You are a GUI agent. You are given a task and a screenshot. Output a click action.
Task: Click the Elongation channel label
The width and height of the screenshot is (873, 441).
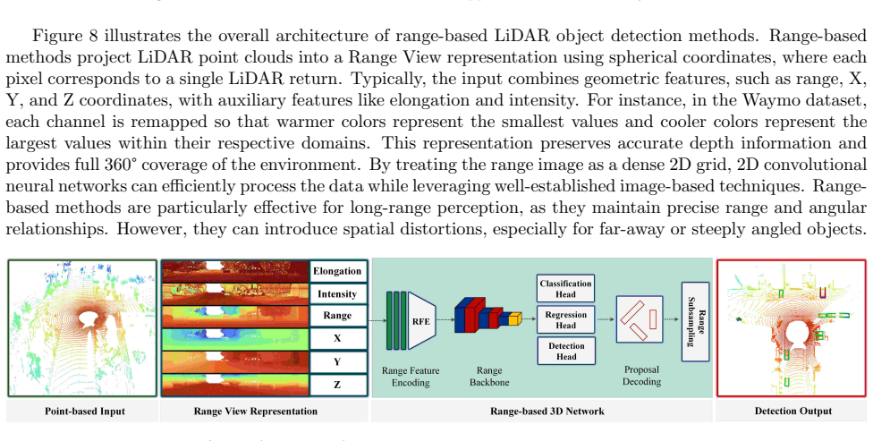(337, 271)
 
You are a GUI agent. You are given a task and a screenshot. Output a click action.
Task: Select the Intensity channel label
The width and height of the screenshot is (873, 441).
(337, 293)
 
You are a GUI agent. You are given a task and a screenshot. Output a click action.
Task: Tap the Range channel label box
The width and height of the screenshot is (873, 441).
(337, 315)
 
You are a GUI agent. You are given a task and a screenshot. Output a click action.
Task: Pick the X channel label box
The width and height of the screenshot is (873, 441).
(337, 338)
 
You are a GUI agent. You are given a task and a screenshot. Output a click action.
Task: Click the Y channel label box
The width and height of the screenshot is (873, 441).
(337, 361)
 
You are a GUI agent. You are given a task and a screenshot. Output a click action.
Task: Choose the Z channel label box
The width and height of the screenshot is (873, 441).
(337, 385)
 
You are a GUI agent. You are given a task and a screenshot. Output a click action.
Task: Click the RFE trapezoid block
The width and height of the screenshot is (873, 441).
(421, 321)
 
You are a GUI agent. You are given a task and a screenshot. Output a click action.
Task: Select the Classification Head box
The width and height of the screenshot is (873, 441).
(565, 288)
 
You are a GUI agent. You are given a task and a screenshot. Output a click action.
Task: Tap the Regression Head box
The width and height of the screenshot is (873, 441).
(565, 319)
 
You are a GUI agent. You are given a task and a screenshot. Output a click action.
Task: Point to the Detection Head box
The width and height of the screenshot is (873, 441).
(565, 351)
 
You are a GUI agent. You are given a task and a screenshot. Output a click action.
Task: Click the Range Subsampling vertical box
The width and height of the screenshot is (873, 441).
(695, 321)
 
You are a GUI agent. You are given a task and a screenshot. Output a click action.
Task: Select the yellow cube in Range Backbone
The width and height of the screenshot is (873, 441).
(515, 318)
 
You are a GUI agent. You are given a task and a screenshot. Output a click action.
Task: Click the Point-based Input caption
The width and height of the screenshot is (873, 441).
(85, 411)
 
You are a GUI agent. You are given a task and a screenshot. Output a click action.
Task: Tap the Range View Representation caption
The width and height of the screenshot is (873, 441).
(256, 411)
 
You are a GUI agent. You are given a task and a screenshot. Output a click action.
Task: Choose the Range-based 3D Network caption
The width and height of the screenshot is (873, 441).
(547, 411)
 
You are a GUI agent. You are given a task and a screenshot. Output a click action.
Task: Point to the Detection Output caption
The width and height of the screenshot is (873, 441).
(792, 411)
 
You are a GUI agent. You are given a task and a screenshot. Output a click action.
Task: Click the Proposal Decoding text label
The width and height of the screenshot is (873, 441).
(641, 376)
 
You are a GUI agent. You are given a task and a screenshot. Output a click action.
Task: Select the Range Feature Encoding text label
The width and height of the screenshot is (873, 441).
(411, 377)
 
